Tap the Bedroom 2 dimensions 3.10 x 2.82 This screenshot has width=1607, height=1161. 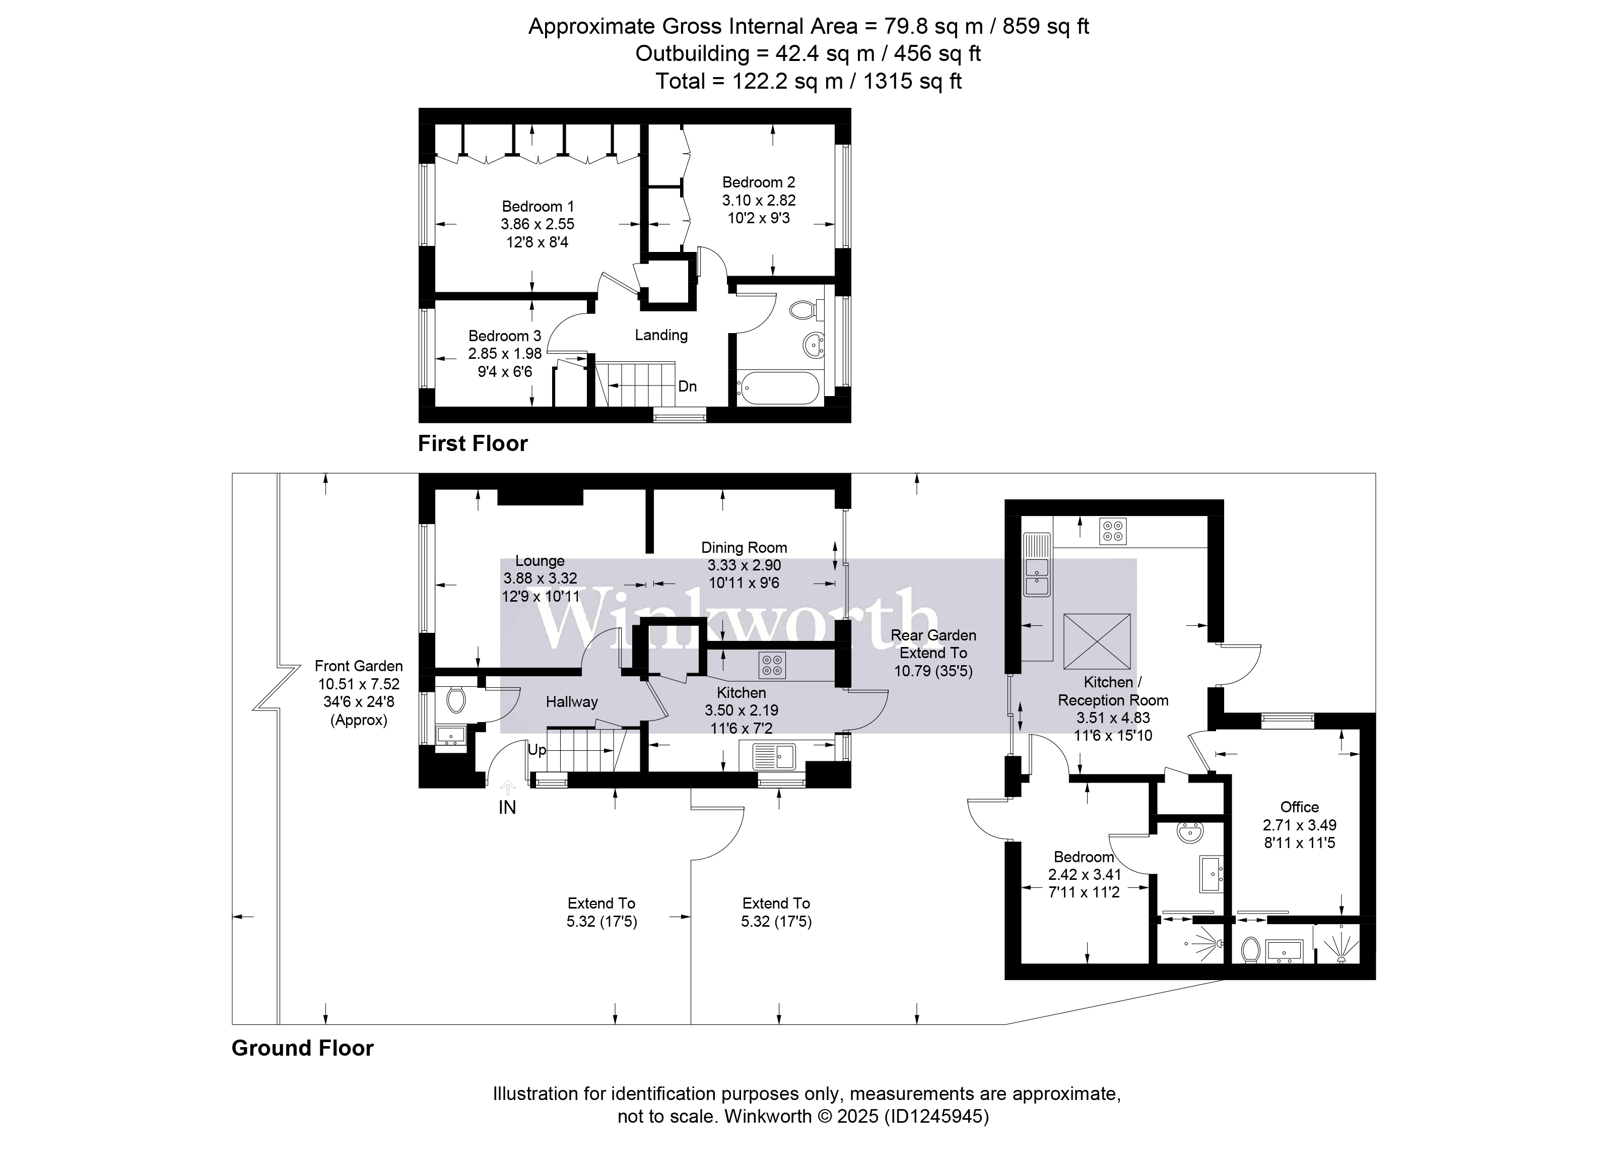[x=758, y=201]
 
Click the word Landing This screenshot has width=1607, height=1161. [x=660, y=335]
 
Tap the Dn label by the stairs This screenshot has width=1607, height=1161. [x=687, y=387]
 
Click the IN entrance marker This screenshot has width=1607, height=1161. [x=507, y=807]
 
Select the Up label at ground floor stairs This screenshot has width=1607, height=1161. [x=537, y=750]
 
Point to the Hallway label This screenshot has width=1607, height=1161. [x=571, y=702]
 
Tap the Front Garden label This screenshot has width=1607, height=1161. [x=359, y=666]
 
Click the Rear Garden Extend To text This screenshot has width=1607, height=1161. [x=932, y=643]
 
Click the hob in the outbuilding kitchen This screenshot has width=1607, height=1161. [x=1112, y=531]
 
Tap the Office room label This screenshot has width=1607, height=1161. [x=1299, y=807]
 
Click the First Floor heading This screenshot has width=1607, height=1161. [x=473, y=444]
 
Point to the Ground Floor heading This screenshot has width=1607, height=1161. [x=303, y=1048]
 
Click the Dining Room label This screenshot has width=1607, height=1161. [x=744, y=547]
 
